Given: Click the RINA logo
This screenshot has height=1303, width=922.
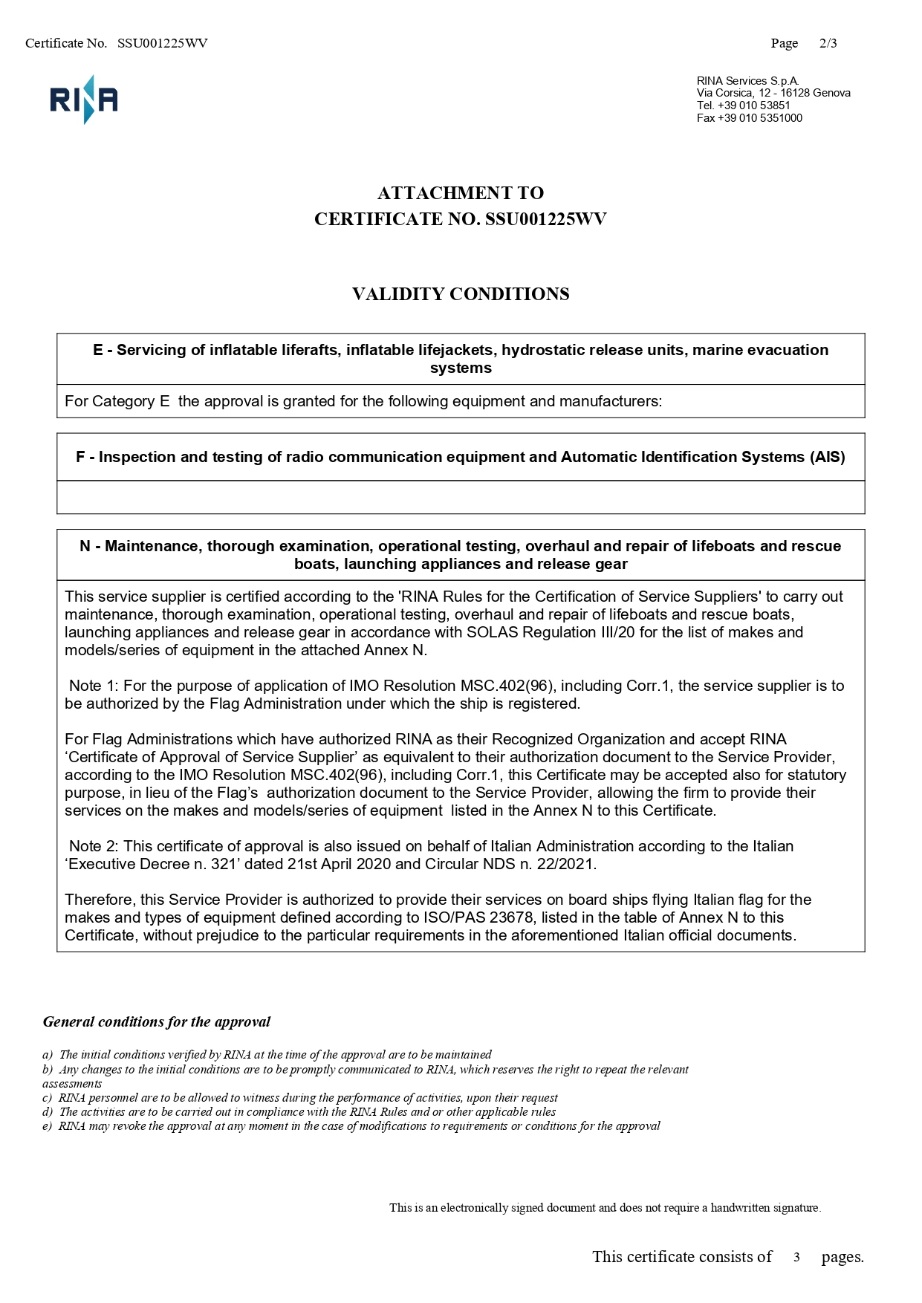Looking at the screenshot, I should pos(84,100).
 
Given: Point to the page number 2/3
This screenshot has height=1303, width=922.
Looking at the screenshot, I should pos(828,43).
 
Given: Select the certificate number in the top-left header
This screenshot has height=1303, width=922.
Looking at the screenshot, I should pos(162,43).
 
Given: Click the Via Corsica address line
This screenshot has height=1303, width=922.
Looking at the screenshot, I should pos(773,93).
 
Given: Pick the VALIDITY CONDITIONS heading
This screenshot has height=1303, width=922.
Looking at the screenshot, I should pos(461,294).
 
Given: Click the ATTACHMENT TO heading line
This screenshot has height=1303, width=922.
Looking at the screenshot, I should pos(461,193).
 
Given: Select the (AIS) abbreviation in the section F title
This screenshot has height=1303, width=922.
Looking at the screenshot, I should pos(827,457).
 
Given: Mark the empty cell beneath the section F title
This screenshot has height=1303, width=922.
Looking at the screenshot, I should pos(461,497).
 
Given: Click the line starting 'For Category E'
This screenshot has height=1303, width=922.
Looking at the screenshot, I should pos(363,402).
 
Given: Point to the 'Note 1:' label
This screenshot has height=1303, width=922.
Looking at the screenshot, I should pos(94,686).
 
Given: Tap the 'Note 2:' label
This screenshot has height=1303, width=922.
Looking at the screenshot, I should pos(94,846).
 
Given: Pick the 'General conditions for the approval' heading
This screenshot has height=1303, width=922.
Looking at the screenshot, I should pos(156,1021).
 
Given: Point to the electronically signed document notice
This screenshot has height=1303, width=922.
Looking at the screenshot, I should pos(605,1208).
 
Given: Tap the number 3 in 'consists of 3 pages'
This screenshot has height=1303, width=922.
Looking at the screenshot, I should pos(796,1258).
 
